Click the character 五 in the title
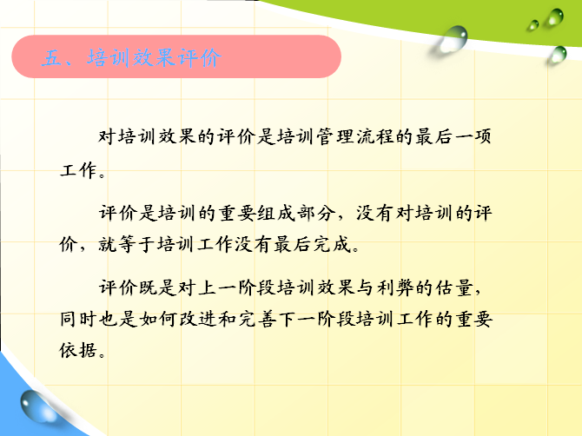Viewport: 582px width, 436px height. coord(51,58)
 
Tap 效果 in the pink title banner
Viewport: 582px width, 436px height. coord(153,58)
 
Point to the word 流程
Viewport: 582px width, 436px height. coord(375,136)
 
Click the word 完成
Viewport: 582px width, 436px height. coord(332,245)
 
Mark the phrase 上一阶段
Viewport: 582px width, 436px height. coord(236,287)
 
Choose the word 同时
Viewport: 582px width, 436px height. coord(78,319)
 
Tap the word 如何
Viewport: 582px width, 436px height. coord(157,319)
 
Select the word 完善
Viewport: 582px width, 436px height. coord(256,319)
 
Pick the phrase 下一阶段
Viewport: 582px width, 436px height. coord(316,319)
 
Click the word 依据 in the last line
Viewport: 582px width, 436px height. coord(78,350)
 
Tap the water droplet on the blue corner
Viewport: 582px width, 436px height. coord(37,407)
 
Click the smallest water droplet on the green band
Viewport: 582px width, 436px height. coord(533,25)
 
